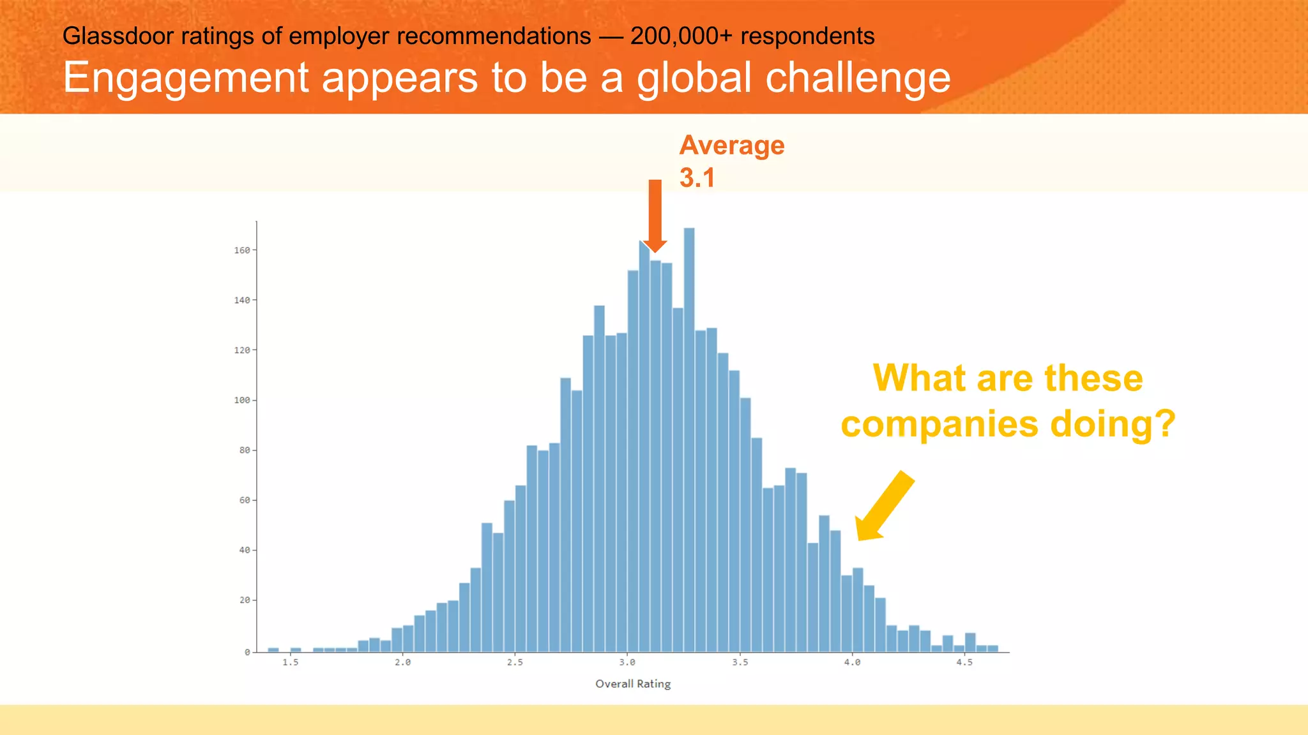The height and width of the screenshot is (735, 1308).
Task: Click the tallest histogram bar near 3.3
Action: click(x=689, y=440)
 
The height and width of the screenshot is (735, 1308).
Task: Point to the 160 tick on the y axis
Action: click(x=242, y=250)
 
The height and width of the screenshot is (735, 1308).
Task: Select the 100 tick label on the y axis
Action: click(x=242, y=400)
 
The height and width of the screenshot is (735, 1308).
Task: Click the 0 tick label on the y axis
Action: click(x=247, y=652)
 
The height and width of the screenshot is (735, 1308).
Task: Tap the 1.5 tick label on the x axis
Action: click(x=291, y=662)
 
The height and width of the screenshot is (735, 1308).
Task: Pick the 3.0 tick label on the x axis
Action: click(x=627, y=662)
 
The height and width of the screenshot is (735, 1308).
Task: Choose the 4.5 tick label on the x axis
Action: click(x=964, y=662)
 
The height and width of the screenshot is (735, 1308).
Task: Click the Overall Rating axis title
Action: click(x=633, y=684)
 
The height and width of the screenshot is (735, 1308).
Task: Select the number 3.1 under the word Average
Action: click(x=697, y=178)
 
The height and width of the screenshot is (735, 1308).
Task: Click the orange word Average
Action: click(x=732, y=145)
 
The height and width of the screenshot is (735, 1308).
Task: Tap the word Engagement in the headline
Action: click(x=186, y=78)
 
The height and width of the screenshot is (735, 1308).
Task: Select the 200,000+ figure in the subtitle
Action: click(x=681, y=36)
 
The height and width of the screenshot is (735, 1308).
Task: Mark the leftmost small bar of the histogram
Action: click(x=273, y=650)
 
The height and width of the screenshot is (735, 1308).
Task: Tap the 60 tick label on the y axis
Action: click(x=245, y=500)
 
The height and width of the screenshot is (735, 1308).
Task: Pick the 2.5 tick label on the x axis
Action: click(x=515, y=662)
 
